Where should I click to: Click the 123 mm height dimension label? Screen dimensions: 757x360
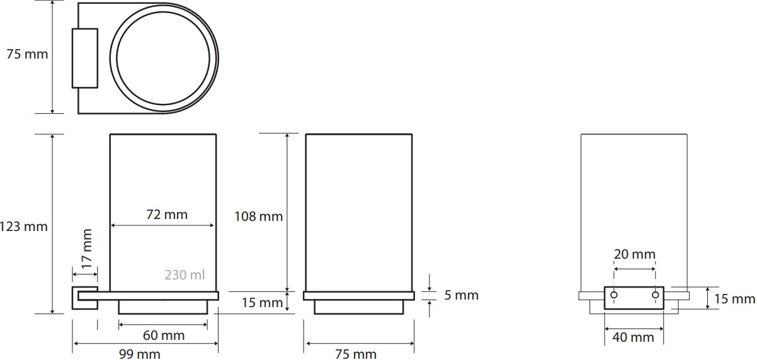tap(23, 227)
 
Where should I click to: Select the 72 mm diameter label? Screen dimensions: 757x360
tap(167, 215)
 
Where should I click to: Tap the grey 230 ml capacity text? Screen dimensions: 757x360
tap(185, 275)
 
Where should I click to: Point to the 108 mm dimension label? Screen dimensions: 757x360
tap(259, 217)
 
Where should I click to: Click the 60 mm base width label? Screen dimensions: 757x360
tap(164, 335)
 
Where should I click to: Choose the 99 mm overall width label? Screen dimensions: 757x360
tap(140, 354)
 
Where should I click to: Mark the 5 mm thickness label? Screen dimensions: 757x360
tap(461, 295)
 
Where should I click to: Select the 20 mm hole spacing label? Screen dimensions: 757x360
tap(635, 254)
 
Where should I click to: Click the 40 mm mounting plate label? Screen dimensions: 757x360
tap(633, 337)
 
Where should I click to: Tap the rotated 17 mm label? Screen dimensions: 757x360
tap(87, 249)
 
